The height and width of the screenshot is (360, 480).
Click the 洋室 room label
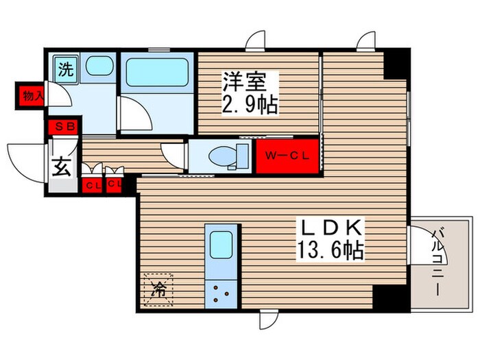[x=243, y=82]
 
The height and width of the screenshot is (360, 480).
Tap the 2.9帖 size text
[x=249, y=105]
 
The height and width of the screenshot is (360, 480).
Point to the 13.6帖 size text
[x=331, y=250]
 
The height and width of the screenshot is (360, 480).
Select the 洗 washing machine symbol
[x=67, y=69]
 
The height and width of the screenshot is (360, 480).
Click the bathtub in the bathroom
[x=158, y=71]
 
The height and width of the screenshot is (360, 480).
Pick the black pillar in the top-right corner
[x=396, y=64]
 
